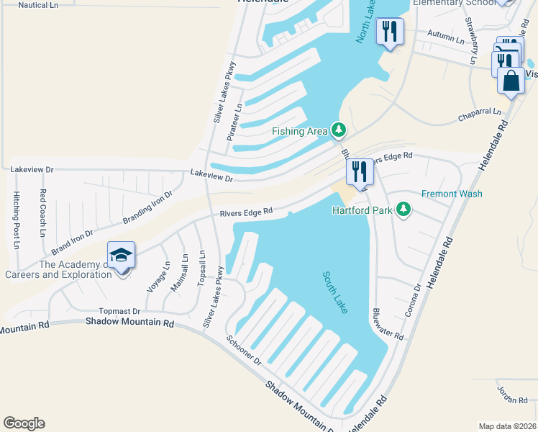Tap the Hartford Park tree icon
tap(403, 210)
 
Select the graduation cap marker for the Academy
tap(120, 256)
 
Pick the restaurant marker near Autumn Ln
tap(390, 31)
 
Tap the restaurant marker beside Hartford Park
tap(359, 171)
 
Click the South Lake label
tap(335, 292)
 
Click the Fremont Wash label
tap(452, 194)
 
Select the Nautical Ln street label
tap(38, 5)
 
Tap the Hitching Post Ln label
tap(17, 220)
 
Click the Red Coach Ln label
tap(43, 214)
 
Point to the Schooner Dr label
tap(243, 350)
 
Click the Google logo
tap(24, 423)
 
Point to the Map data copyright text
tap(506, 426)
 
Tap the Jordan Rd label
tap(512, 394)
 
